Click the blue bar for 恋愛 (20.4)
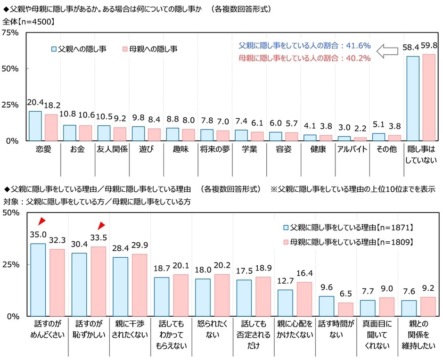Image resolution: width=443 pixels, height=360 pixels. pos(35,126)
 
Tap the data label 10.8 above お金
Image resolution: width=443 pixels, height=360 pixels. pos(69,115)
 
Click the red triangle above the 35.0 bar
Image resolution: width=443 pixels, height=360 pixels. pos(42,221)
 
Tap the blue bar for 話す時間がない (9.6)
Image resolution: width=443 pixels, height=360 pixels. pos(327,306)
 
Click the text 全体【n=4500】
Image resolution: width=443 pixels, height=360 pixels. pos(29,21)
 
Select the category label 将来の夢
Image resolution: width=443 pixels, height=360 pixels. pos(214,148)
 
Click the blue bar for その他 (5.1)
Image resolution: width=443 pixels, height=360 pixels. pos(378,137)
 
